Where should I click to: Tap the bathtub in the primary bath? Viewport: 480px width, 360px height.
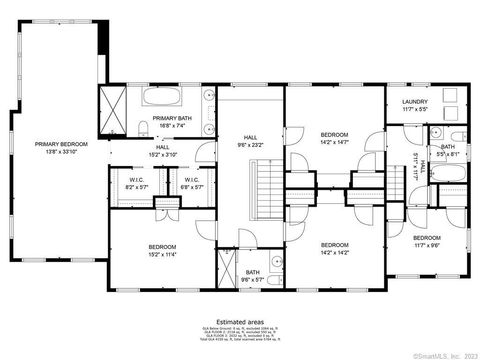[x=161, y=98]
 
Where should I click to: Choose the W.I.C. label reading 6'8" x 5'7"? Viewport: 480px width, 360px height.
[x=192, y=184]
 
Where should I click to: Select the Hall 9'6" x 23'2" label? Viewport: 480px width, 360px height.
[x=250, y=141]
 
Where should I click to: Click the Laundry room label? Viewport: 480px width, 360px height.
[x=416, y=105]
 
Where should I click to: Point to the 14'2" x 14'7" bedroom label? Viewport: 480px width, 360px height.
[x=334, y=138]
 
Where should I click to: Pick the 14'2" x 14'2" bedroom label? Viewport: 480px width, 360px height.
[x=334, y=248]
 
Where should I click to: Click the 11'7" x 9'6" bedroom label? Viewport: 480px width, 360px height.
[x=427, y=241]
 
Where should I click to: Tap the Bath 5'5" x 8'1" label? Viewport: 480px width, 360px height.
[x=448, y=151]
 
